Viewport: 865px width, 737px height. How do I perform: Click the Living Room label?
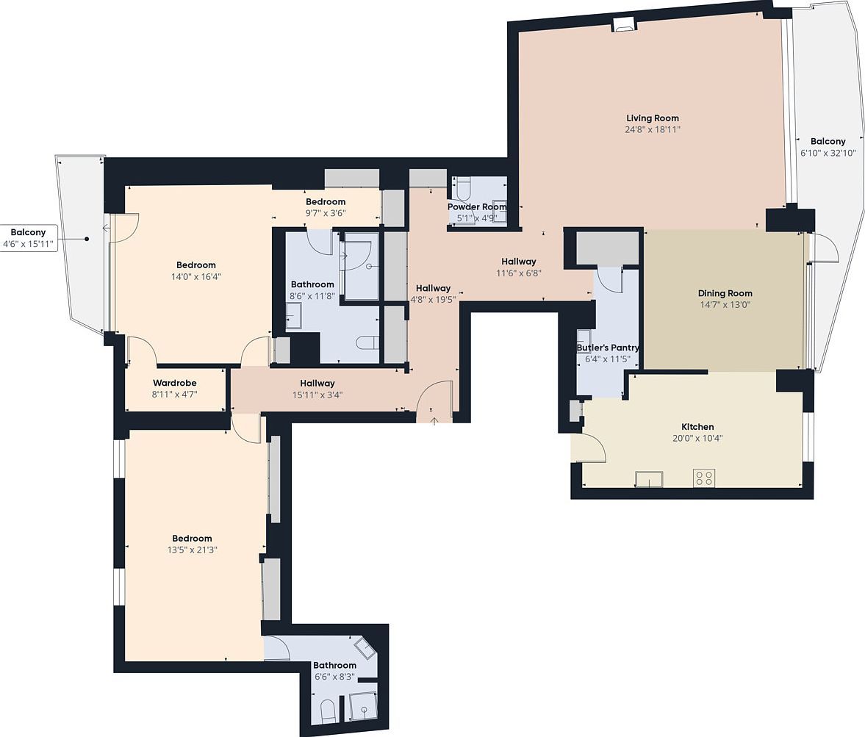click(652, 118)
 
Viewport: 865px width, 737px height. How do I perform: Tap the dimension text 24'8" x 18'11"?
click(652, 130)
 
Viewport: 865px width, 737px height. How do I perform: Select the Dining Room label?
click(725, 293)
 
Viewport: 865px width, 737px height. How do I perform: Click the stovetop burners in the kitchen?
click(703, 478)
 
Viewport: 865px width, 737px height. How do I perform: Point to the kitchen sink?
click(649, 479)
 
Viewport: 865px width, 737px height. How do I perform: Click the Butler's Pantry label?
click(607, 348)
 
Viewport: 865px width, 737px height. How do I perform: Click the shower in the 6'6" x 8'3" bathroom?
click(362, 706)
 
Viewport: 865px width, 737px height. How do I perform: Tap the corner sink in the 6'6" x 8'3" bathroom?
click(365, 648)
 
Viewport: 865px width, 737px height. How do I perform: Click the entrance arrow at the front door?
click(434, 420)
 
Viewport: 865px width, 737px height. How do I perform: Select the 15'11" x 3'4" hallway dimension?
click(317, 395)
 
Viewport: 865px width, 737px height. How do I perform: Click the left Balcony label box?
click(28, 238)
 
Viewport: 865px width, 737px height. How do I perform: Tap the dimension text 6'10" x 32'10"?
click(828, 153)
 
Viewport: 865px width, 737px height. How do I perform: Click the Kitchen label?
click(697, 427)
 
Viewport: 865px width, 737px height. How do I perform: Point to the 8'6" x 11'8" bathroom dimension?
click(312, 296)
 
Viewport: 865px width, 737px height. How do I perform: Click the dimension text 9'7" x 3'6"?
click(325, 213)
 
